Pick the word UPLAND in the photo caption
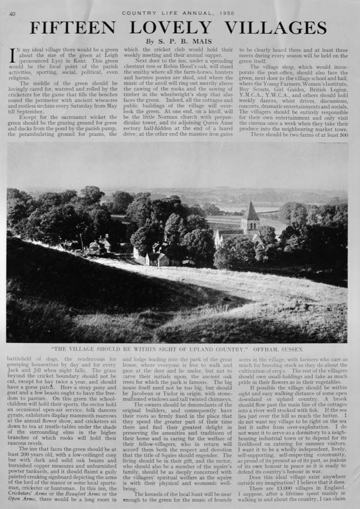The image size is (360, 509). [202, 350]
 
